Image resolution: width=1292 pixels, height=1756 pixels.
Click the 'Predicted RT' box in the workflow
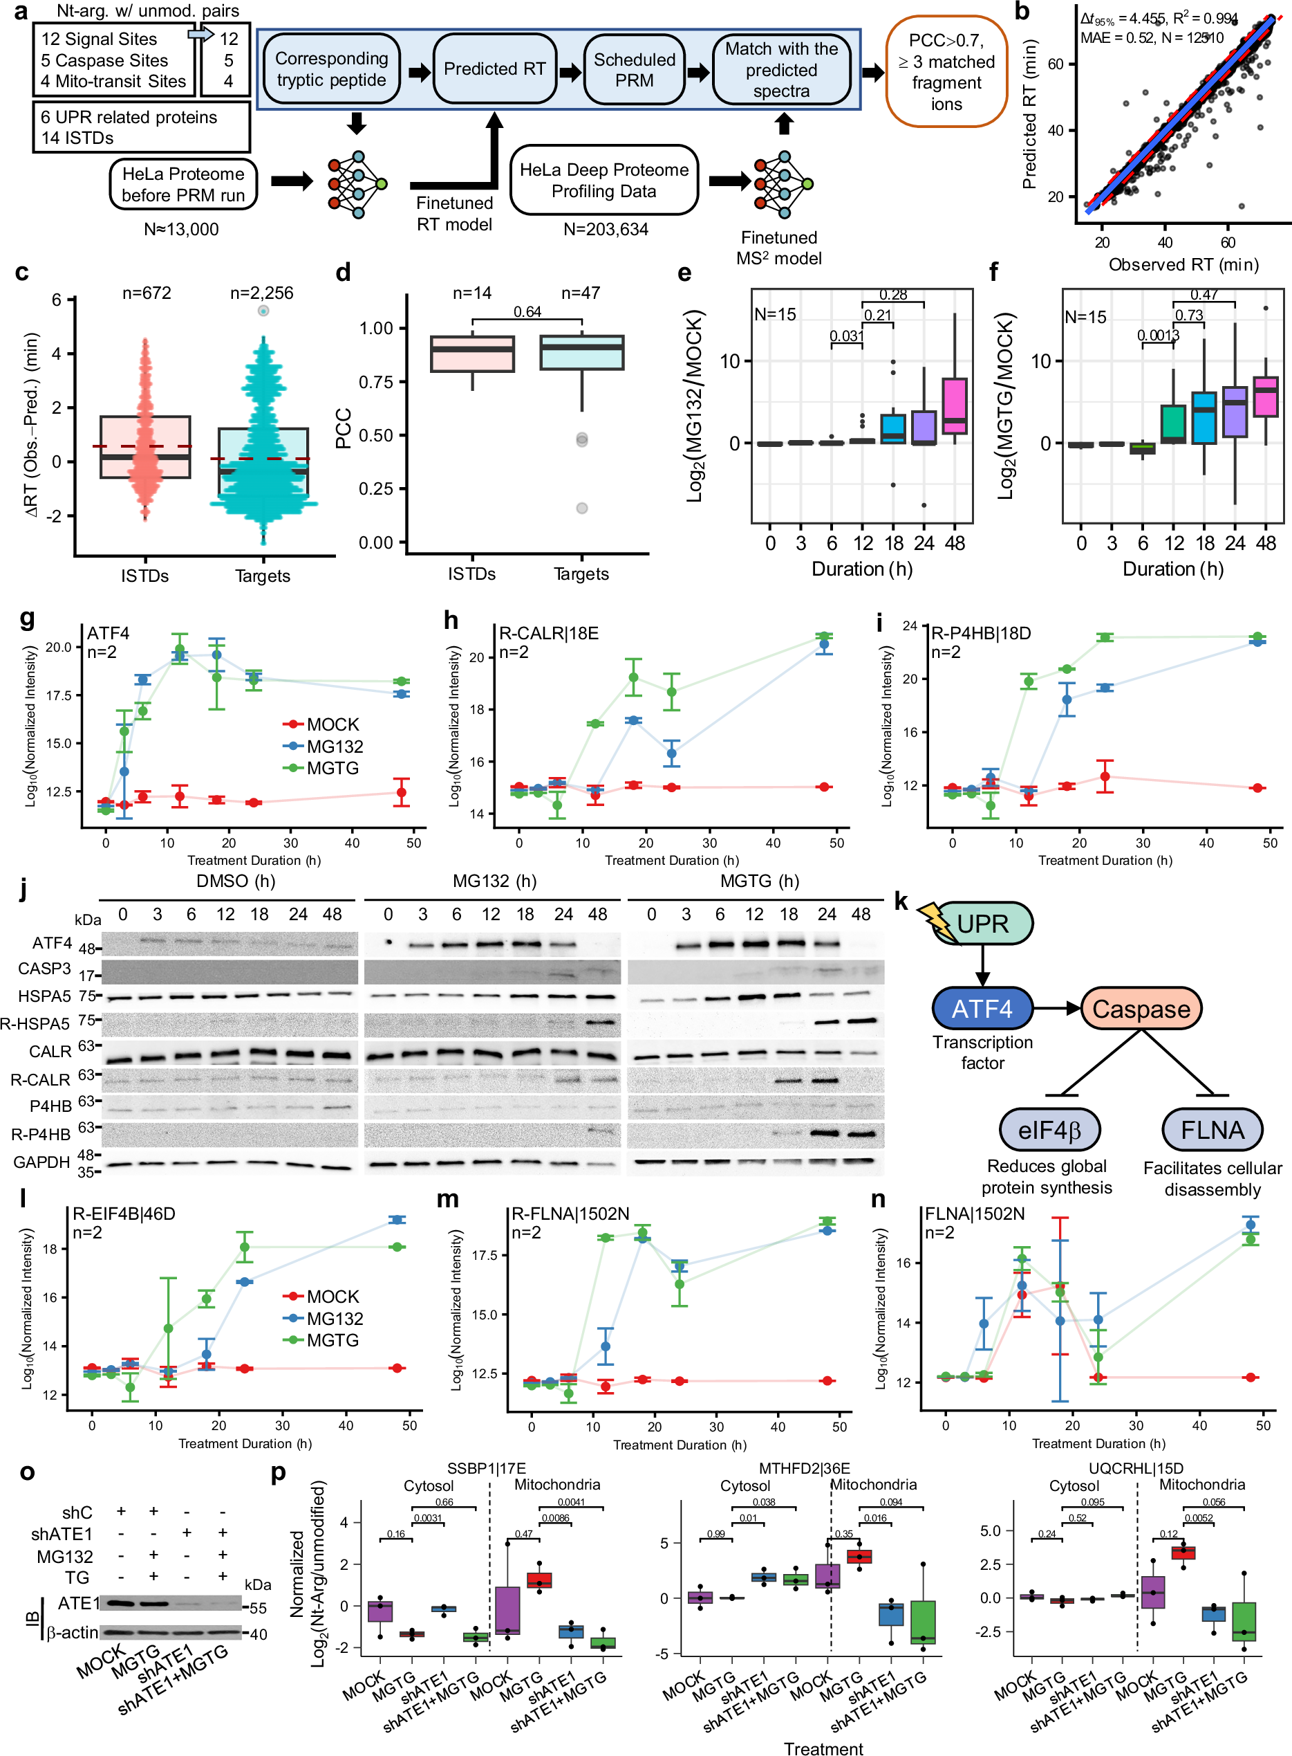(494, 69)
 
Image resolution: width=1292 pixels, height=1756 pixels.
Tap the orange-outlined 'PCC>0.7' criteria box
(946, 72)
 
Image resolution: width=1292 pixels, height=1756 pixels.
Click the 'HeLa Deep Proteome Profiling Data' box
(603, 181)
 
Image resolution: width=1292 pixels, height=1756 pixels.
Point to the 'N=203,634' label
(606, 229)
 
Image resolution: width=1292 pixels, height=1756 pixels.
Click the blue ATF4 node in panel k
(982, 1009)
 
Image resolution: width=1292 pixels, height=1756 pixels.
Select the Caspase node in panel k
(1141, 1009)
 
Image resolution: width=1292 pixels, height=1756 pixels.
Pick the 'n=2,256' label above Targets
(261, 293)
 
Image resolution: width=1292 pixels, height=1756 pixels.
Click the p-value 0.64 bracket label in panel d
(527, 311)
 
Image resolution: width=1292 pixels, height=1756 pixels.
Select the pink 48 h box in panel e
(954, 405)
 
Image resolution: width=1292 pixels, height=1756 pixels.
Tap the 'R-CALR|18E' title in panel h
(548, 632)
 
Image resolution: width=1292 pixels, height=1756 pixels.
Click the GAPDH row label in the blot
(41, 1162)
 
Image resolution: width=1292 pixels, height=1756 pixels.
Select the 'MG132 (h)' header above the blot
(494, 881)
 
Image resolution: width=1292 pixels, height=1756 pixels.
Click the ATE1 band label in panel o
(78, 1603)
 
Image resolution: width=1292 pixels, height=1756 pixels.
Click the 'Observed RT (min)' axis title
(1183, 264)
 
